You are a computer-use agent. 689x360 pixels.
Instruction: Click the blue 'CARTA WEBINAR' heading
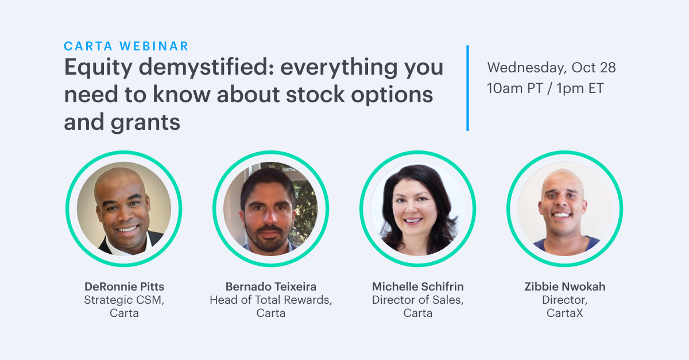126,46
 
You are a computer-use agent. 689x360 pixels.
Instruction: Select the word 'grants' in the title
145,123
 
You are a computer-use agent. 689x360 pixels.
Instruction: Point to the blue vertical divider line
467,88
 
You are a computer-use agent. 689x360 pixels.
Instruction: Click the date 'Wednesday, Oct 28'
552,68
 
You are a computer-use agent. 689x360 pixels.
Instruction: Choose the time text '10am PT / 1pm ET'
545,88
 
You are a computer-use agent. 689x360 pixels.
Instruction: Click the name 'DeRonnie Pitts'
124,287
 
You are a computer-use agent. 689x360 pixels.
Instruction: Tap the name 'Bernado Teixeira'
271,287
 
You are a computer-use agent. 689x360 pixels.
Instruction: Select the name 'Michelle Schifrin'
418,287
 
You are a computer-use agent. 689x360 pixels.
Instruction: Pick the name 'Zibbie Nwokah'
565,287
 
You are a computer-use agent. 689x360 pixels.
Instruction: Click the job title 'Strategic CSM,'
124,300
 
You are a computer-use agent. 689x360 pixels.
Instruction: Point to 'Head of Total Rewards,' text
271,300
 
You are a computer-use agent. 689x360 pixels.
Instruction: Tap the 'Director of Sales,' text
418,300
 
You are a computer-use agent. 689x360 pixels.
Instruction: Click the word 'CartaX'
565,313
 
